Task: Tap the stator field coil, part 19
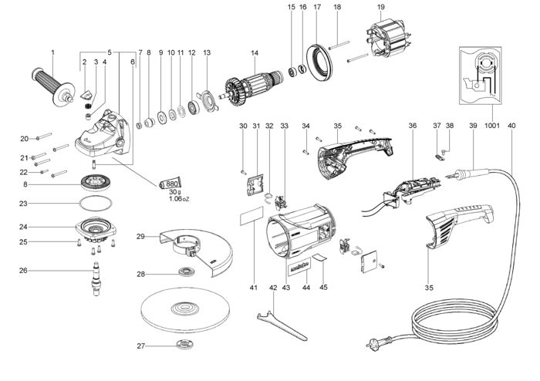click(x=388, y=37)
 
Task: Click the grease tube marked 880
click(x=170, y=184)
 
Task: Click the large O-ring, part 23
click(x=96, y=204)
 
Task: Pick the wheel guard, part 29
click(x=196, y=251)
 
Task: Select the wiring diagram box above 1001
click(x=480, y=76)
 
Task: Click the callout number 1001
click(x=492, y=126)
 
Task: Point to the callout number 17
click(x=317, y=7)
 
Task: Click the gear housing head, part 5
click(x=103, y=133)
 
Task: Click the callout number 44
click(x=305, y=287)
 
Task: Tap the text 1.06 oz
click(x=179, y=198)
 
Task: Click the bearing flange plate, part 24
click(x=96, y=229)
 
